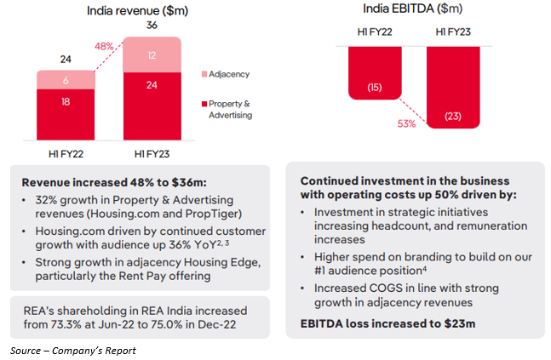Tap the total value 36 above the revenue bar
152,26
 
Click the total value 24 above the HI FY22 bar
65,60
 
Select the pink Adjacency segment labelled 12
152,55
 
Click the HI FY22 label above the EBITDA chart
376,33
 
